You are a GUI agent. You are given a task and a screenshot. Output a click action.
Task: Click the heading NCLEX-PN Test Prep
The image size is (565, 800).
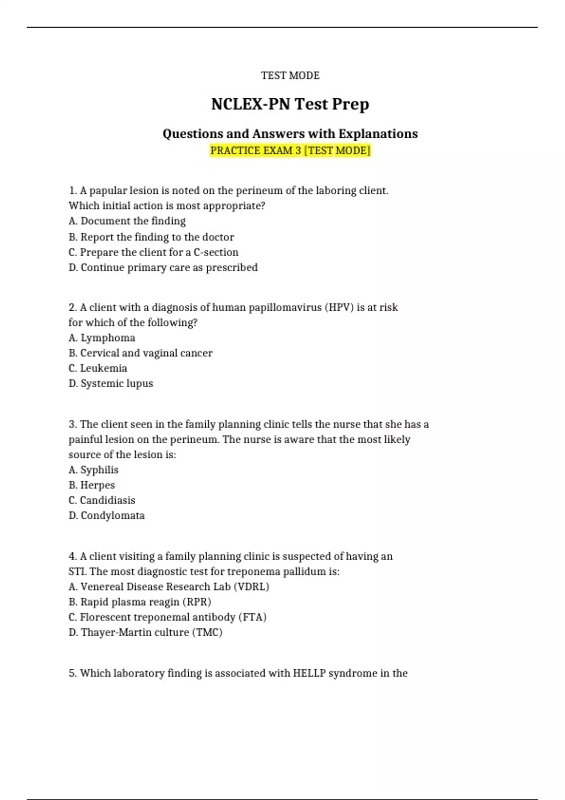coord(290,104)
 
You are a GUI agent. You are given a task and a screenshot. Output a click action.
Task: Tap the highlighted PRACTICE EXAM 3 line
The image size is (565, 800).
coord(290,151)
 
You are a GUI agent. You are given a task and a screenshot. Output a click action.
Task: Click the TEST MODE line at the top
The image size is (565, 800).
coord(290,75)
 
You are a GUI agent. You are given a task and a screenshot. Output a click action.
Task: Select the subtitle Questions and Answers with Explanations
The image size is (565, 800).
coord(290,134)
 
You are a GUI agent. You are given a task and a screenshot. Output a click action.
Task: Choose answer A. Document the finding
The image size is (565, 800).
coord(127,221)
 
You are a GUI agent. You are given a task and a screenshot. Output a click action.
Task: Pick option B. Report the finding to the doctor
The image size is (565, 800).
coord(151,237)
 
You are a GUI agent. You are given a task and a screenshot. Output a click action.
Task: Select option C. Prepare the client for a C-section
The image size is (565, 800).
coord(153,252)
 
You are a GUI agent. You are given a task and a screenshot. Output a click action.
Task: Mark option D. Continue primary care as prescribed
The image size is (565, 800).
coord(163,267)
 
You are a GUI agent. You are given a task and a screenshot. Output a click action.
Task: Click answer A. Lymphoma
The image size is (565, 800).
coord(102,338)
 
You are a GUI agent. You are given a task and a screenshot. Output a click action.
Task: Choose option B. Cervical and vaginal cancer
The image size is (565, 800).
coord(140,353)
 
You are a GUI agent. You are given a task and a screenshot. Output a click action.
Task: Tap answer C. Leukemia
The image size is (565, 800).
coord(98,368)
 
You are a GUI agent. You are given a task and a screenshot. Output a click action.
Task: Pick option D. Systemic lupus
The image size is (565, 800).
coord(111,384)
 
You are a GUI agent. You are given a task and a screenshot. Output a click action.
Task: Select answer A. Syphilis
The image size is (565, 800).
coord(93,470)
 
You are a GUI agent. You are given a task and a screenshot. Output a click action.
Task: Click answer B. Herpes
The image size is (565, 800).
coord(92,485)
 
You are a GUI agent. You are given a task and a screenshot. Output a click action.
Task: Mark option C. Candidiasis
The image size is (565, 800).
coord(102,500)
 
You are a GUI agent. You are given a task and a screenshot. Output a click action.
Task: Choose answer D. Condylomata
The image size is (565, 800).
coord(106,515)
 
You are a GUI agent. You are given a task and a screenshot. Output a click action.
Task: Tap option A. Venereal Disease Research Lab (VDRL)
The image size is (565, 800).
coord(169,587)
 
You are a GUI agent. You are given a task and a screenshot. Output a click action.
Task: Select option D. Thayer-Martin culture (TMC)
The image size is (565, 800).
coord(145,632)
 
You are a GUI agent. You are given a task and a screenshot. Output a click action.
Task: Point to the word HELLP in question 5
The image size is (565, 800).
coord(309,673)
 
